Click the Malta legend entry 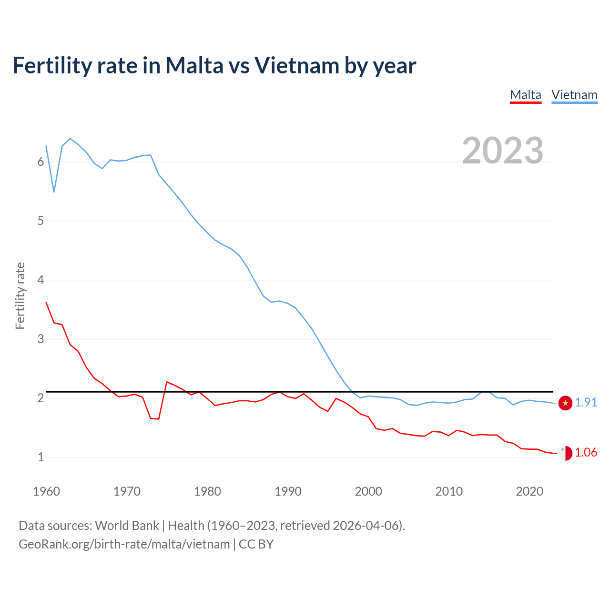click(x=526, y=95)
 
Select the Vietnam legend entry click(x=574, y=95)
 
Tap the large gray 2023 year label click(x=503, y=151)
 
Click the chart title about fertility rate click(x=214, y=65)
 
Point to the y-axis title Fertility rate click(x=20, y=295)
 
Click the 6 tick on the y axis click(x=41, y=162)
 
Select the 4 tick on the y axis click(x=41, y=280)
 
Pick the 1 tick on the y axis click(x=41, y=457)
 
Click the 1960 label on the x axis click(x=46, y=491)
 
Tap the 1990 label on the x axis click(x=288, y=491)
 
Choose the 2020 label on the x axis click(x=529, y=491)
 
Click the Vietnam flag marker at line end click(x=565, y=403)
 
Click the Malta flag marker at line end click(x=565, y=453)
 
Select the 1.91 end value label click(x=586, y=403)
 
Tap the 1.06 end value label click(x=586, y=453)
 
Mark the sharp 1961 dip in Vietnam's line click(x=54, y=192)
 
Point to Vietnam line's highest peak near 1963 click(x=70, y=139)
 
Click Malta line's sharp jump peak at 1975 click(x=166, y=382)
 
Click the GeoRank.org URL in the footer click(x=124, y=544)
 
